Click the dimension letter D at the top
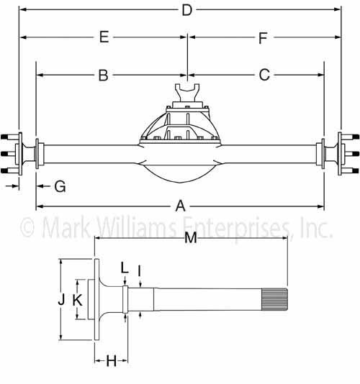tap(187, 11)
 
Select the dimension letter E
tap(104, 37)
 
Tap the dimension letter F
tap(263, 38)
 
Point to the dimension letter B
tap(103, 76)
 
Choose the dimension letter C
tap(264, 75)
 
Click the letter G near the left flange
tap(60, 187)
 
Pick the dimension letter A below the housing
tap(181, 206)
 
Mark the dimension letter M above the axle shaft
tap(191, 237)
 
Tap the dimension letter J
tap(61, 299)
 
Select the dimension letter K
tap(78, 300)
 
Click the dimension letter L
tap(125, 268)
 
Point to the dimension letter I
tap(139, 271)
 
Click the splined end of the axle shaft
tap(274, 299)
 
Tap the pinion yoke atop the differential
tap(187, 92)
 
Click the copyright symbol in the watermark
tap(27, 227)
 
